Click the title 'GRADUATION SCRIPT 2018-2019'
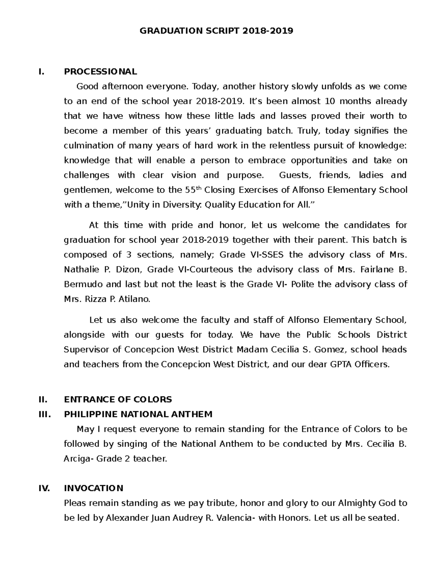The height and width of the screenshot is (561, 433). click(x=216, y=31)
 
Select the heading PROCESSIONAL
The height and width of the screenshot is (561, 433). click(x=100, y=72)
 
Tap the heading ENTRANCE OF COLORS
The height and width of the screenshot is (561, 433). click(x=118, y=399)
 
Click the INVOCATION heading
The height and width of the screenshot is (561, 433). click(x=93, y=488)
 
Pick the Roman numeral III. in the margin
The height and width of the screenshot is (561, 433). click(x=45, y=414)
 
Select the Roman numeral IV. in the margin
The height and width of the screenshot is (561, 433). click(x=44, y=488)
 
